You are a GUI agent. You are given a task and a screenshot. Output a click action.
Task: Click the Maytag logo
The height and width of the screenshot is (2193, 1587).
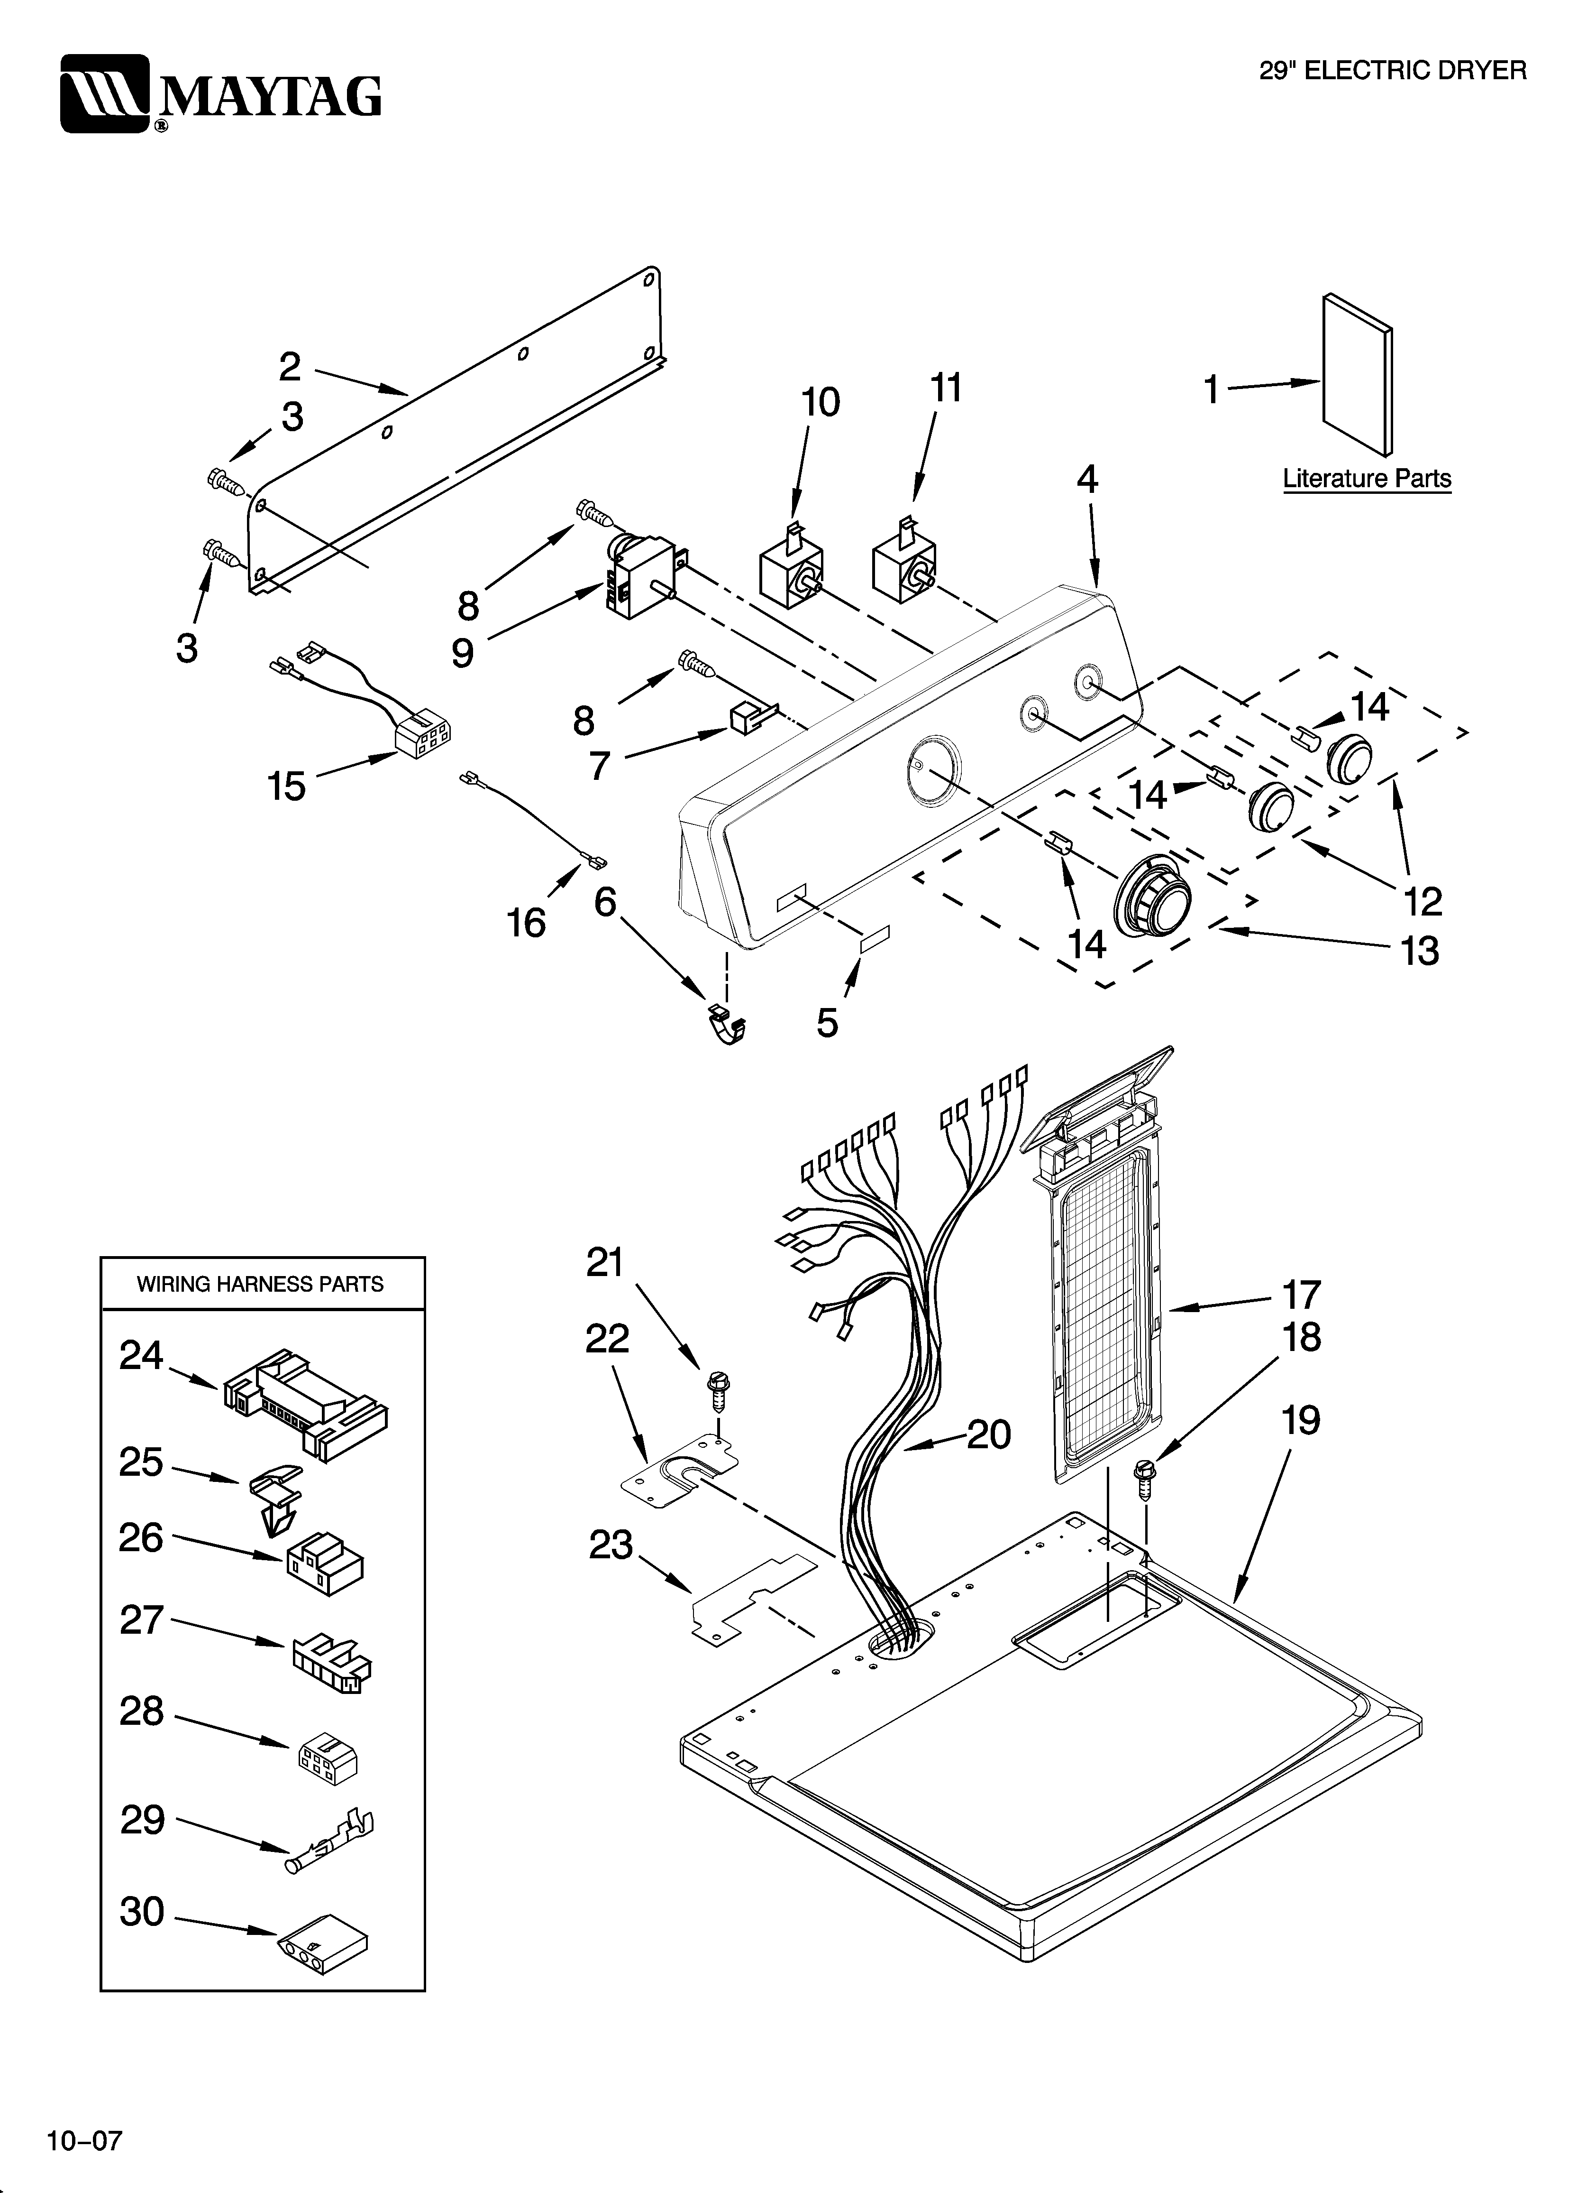(220, 94)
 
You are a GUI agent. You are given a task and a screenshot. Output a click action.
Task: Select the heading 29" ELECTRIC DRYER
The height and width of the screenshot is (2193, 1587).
(1392, 71)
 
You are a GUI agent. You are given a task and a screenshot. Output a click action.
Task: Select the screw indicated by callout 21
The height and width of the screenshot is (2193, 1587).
(718, 1389)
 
